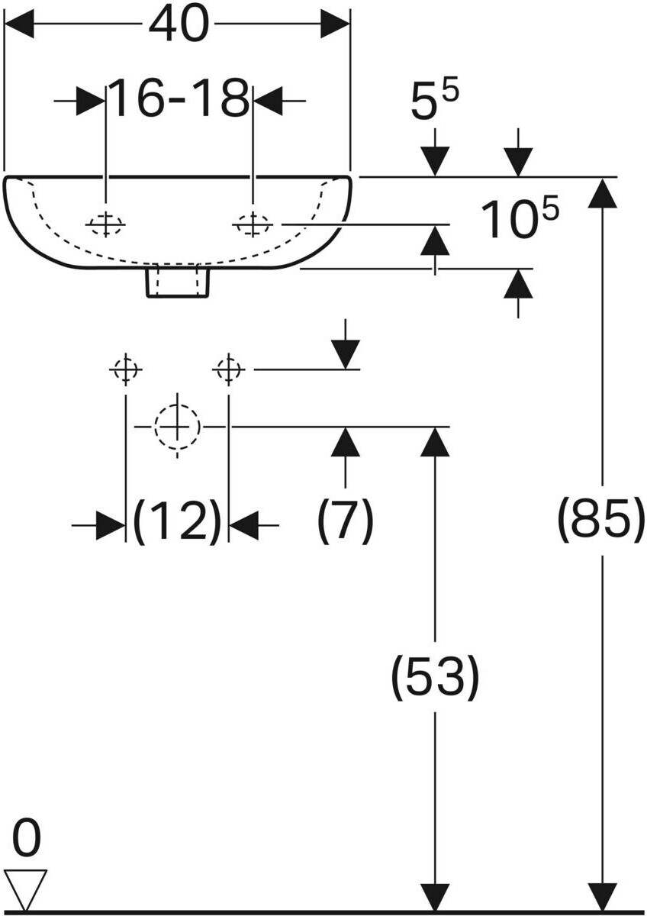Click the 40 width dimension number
click(178, 24)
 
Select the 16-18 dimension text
click(179, 99)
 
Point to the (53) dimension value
click(435, 676)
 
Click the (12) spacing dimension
click(177, 524)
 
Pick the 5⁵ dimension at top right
click(435, 102)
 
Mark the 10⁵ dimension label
click(519, 220)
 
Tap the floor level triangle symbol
click(25, 887)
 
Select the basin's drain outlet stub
click(177, 281)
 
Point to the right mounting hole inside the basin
click(252, 224)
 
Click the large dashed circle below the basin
click(177, 426)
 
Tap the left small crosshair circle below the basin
click(125, 369)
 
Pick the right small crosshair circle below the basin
click(228, 369)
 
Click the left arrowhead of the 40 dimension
click(20, 24)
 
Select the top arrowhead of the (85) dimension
click(603, 192)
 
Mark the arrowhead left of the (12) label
click(111, 525)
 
